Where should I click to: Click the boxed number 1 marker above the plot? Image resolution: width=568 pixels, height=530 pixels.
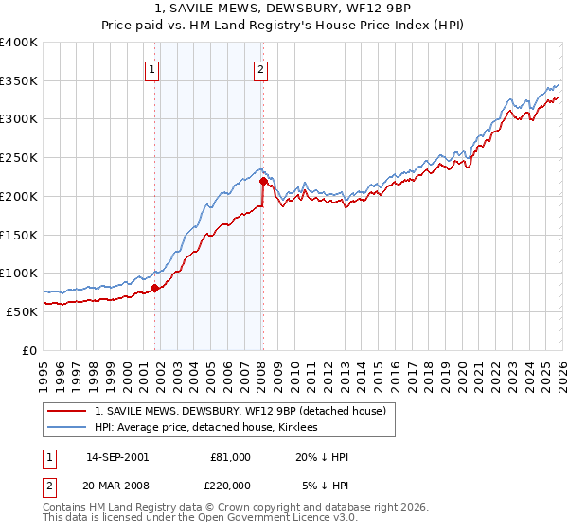pyautogui.click(x=152, y=68)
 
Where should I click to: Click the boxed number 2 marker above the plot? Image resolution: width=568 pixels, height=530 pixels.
pyautogui.click(x=260, y=68)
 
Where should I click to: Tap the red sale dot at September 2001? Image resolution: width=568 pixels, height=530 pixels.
pyautogui.click(x=154, y=288)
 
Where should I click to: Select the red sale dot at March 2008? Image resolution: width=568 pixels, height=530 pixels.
pyautogui.click(x=263, y=181)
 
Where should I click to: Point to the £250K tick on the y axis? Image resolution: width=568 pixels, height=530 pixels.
pyautogui.click(x=19, y=158)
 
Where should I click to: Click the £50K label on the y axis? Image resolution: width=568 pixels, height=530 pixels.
pyautogui.click(x=22, y=311)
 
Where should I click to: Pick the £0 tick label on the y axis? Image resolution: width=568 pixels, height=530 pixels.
pyautogui.click(x=30, y=350)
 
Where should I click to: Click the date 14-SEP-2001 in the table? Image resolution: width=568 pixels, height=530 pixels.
pyautogui.click(x=116, y=457)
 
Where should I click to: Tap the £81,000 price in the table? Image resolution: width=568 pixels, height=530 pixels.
pyautogui.click(x=230, y=457)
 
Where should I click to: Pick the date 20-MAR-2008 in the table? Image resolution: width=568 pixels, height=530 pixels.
pyautogui.click(x=116, y=485)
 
